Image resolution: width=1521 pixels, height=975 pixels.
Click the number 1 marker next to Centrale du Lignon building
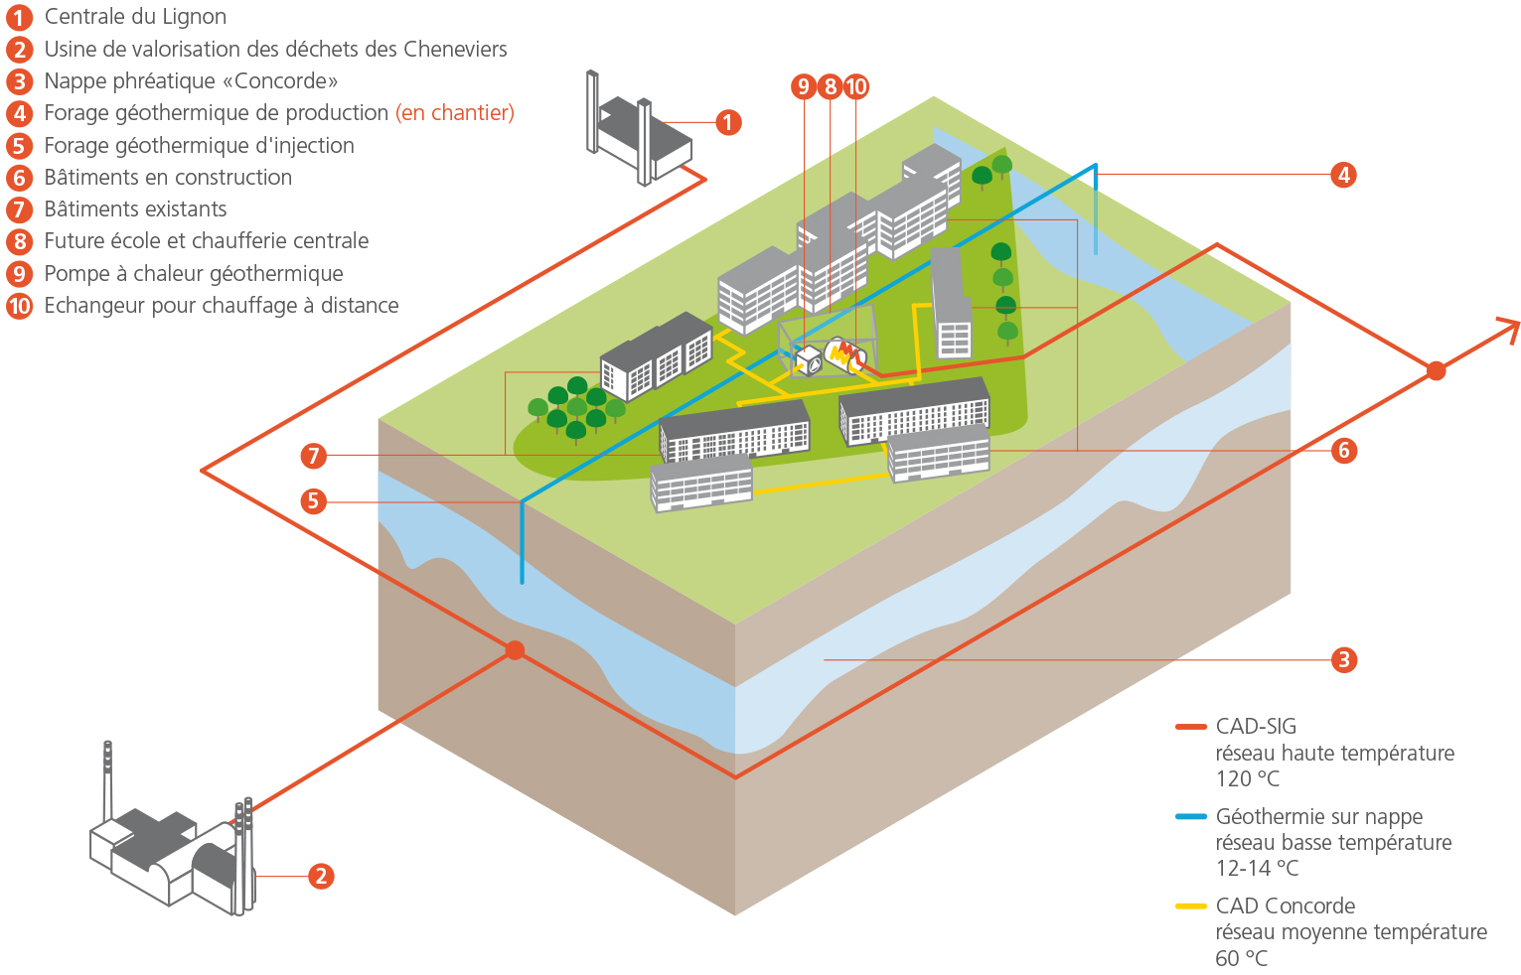coord(728,123)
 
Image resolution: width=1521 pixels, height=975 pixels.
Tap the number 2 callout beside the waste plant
coord(321,876)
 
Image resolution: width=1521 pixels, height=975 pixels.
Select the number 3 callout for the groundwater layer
coord(1344,659)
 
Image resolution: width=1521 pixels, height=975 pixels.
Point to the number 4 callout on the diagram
coord(1343,175)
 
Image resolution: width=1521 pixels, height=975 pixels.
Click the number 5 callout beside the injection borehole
coord(313,501)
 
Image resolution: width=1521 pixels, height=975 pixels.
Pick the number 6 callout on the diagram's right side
coord(1344,451)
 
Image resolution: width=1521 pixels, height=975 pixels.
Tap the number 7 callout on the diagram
coord(313,456)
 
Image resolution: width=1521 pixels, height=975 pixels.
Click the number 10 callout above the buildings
coord(856,86)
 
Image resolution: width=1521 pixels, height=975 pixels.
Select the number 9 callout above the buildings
coord(804,86)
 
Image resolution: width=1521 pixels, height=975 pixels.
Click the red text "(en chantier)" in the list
coord(455,112)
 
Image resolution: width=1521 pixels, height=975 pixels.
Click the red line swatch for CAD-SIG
coord(1190,727)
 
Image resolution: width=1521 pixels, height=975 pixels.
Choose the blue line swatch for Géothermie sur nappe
coord(1190,816)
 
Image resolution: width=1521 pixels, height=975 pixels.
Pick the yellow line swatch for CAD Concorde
coord(1190,905)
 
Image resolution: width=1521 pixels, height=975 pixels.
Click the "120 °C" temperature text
coord(1248,779)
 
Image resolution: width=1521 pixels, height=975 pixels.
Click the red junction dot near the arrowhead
coord(1437,370)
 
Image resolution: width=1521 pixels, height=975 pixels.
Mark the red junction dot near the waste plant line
coord(515,650)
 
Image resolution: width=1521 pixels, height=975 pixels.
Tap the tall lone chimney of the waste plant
coord(107,781)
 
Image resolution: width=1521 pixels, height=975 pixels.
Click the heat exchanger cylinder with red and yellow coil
coord(845,355)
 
